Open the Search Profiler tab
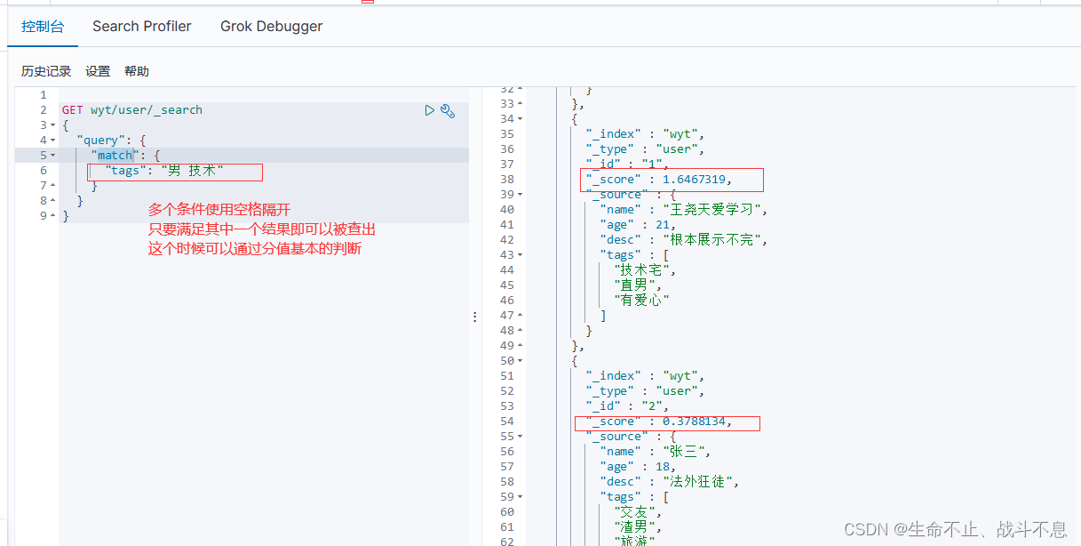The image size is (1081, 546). [142, 27]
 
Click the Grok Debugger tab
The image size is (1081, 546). [271, 27]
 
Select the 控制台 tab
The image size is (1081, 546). [43, 27]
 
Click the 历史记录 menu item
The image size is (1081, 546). [46, 71]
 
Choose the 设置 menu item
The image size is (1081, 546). [98, 71]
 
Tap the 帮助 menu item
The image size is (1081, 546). [137, 71]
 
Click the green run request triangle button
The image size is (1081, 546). [429, 110]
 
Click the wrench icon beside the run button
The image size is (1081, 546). [448, 111]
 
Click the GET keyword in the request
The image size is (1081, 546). [72, 110]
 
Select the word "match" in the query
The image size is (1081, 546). [115, 155]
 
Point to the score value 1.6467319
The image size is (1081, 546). [694, 180]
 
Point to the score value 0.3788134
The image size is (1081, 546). [694, 422]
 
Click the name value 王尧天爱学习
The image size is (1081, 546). [711, 210]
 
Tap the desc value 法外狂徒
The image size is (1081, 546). [697, 482]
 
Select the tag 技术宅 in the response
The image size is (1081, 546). [641, 270]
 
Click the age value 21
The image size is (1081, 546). [662, 225]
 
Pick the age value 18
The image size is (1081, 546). [662, 467]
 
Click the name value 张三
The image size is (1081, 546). [683, 452]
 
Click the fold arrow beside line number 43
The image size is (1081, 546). [521, 254]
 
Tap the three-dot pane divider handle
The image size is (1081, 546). [475, 317]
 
